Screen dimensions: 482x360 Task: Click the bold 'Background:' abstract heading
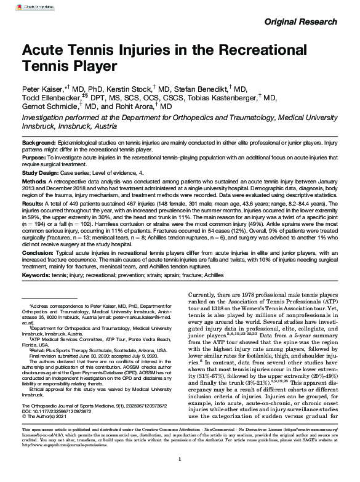pos(41,142)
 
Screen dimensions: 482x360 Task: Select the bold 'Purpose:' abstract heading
pos(36,158)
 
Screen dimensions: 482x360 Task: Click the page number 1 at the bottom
pos(180,475)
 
